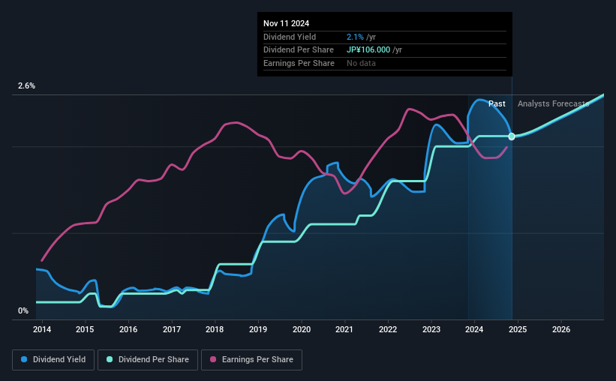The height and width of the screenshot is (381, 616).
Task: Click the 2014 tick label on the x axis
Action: pos(41,329)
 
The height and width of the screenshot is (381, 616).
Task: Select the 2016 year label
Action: pos(128,329)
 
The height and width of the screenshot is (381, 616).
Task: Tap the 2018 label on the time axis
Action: pos(215,329)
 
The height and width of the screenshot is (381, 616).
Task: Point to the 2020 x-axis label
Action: pos(302,329)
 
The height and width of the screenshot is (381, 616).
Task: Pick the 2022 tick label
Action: pos(388,329)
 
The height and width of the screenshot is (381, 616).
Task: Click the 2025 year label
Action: pos(518,329)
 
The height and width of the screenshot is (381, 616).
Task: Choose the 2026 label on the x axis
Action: pos(561,329)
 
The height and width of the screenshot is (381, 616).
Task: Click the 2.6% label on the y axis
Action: pos(27,86)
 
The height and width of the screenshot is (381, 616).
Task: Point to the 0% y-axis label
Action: pos(23,310)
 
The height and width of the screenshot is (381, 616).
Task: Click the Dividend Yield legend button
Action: pos(53,360)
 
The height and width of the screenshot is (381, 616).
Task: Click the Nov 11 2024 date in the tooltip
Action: pos(286,23)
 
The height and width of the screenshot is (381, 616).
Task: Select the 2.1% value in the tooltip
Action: pos(354,37)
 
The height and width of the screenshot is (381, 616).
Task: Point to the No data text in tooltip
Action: pos(361,64)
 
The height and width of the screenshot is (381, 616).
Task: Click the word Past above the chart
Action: pos(497,103)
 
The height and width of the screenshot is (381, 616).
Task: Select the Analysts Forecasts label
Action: pos(553,103)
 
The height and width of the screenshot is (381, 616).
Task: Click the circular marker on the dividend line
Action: pos(512,136)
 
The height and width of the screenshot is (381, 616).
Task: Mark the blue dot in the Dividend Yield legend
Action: pos(24,360)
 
